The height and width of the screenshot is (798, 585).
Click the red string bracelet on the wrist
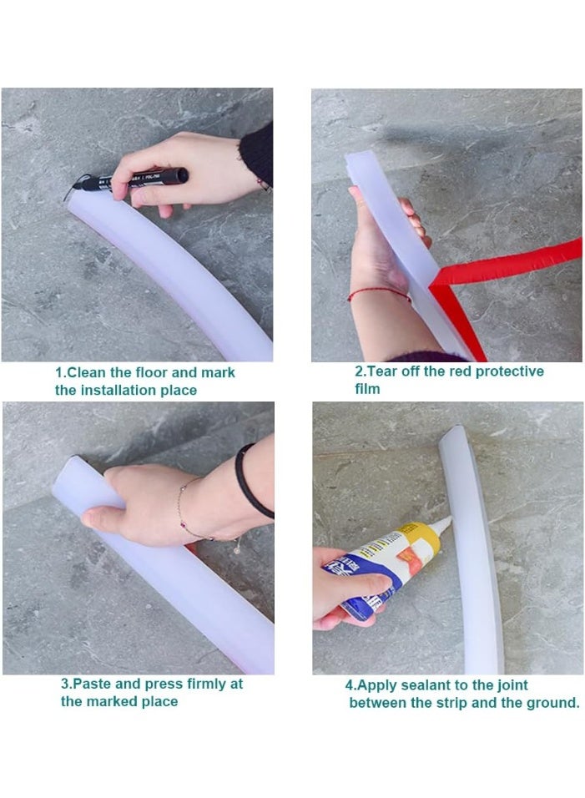click(x=379, y=294)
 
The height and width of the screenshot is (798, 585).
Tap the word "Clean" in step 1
click(x=87, y=372)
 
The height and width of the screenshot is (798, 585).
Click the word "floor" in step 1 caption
click(x=152, y=372)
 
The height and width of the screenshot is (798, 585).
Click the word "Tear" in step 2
click(x=381, y=371)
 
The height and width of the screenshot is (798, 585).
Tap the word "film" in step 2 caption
click(x=367, y=389)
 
